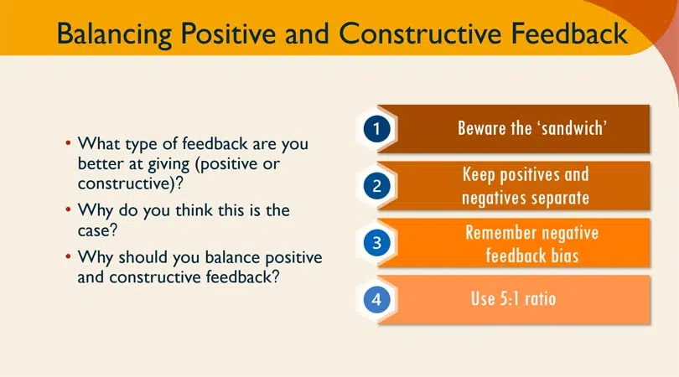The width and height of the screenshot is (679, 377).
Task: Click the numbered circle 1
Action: click(x=377, y=129)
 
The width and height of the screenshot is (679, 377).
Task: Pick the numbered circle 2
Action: click(x=377, y=186)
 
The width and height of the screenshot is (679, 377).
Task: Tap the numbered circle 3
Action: click(x=377, y=243)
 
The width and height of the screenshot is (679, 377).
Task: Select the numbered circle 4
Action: click(x=377, y=299)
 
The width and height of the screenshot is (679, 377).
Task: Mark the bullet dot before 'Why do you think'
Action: click(x=69, y=209)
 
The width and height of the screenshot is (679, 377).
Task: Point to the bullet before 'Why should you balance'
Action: click(x=69, y=256)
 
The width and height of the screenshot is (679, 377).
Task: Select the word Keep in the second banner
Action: click(x=480, y=175)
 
